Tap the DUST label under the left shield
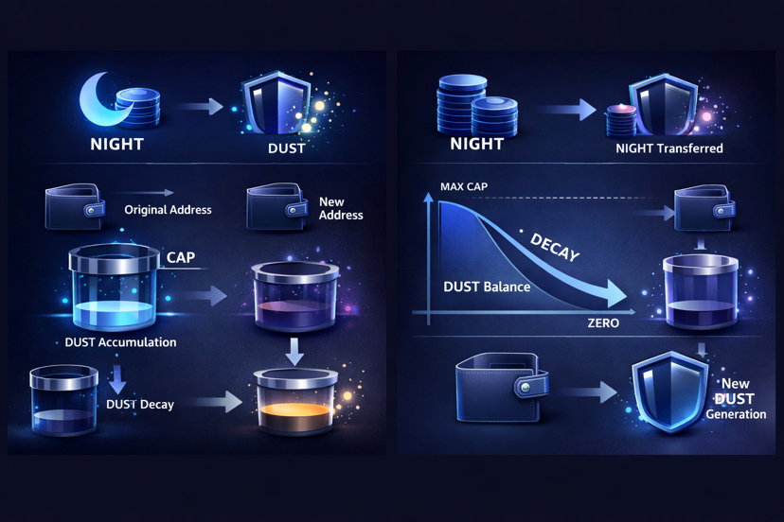pyautogui.click(x=286, y=148)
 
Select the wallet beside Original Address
pyautogui.click(x=74, y=207)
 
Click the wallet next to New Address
pyautogui.click(x=276, y=206)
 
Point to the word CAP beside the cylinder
pyautogui.click(x=181, y=257)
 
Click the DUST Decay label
pyautogui.click(x=140, y=404)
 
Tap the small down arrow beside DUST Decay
pyautogui.click(x=117, y=378)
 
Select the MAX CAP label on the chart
pyautogui.click(x=464, y=186)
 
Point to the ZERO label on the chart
pyautogui.click(x=602, y=323)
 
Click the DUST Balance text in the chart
pyautogui.click(x=487, y=286)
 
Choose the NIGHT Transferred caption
pyautogui.click(x=668, y=148)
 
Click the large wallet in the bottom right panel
pyautogui.click(x=501, y=387)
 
